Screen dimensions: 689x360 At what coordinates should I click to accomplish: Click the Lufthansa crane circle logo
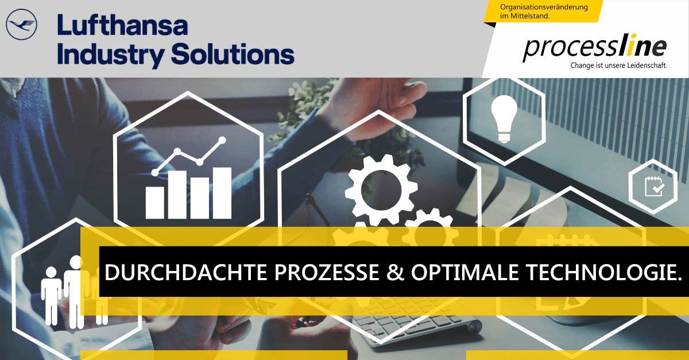[x=22, y=24]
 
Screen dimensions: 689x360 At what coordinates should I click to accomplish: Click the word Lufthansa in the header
[x=122, y=25]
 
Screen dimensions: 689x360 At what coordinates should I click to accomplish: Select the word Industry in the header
[x=110, y=55]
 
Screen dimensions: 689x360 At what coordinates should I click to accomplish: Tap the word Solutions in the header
[x=233, y=53]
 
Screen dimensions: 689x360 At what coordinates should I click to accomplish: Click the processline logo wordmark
[x=595, y=48]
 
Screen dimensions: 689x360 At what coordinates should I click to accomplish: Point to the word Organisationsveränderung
[x=544, y=7]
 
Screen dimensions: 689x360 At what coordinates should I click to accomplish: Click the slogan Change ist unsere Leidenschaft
[x=618, y=65]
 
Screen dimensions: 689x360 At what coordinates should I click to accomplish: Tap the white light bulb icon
[x=504, y=119]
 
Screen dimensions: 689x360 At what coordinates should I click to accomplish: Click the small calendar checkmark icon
[x=654, y=187]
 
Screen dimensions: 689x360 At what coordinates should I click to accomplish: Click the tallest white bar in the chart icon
[x=222, y=193]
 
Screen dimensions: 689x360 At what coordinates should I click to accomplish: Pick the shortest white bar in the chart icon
[x=154, y=203]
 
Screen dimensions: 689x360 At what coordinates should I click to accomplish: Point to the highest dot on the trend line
[x=222, y=141]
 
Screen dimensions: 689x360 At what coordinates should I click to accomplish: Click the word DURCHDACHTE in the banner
[x=186, y=272]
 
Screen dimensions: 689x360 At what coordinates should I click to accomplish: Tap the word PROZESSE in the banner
[x=327, y=272]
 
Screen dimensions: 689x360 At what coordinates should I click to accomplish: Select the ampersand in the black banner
[x=395, y=272]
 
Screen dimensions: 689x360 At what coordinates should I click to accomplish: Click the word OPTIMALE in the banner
[x=465, y=272]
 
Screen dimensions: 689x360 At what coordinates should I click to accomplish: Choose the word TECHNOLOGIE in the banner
[x=600, y=272]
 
